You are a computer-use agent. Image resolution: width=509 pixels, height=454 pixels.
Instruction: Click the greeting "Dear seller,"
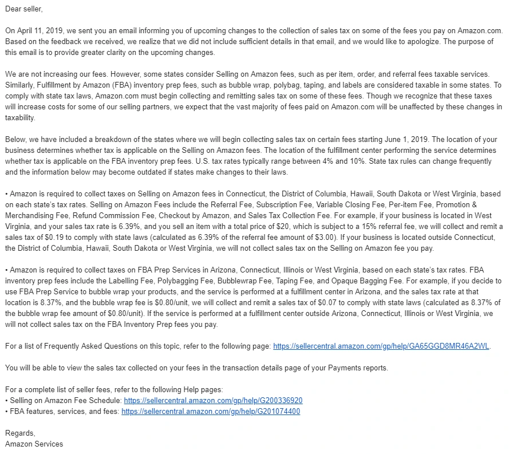(23, 9)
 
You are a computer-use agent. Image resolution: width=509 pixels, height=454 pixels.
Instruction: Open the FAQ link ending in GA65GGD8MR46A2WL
(382, 346)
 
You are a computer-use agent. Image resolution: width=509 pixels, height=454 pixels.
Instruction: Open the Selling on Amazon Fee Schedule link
(213, 401)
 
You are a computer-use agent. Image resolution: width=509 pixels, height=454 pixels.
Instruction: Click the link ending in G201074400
(211, 412)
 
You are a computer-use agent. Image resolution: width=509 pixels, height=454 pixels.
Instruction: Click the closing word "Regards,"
(20, 433)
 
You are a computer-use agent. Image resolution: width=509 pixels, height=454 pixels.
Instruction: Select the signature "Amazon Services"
(34, 444)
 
